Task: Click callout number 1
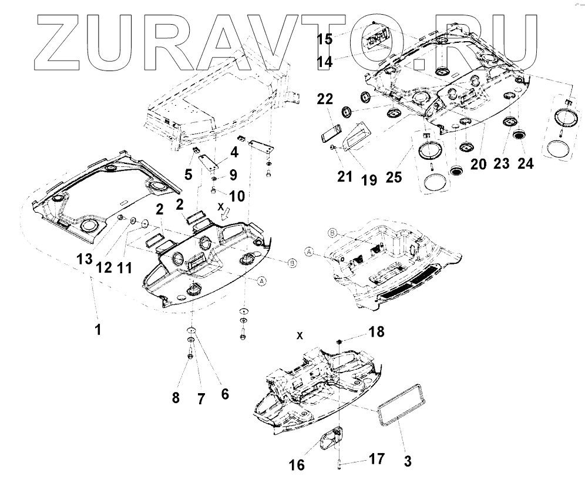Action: (99, 330)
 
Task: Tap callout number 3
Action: (407, 461)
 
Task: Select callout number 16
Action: (297, 465)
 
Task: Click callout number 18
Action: (376, 333)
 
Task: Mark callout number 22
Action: (327, 100)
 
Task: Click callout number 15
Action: (325, 39)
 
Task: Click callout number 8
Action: (176, 398)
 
